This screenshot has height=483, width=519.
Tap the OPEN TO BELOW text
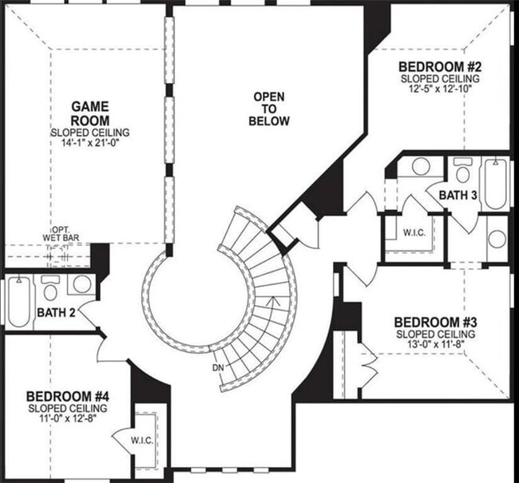[x=268, y=109]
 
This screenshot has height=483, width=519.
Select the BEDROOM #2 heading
[x=439, y=67]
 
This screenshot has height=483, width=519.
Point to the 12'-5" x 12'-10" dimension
[x=439, y=89]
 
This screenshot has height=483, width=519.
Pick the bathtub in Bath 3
[x=495, y=184]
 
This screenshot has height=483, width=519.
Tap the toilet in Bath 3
[x=462, y=172]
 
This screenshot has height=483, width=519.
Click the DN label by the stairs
[x=219, y=368]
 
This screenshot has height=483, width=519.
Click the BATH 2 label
[x=56, y=312]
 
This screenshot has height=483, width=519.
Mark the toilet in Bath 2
[x=50, y=286]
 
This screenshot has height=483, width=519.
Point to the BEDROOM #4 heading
[x=67, y=397]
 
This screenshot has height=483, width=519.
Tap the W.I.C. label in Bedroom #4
[x=144, y=440]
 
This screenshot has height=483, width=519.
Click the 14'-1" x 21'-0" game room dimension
[x=90, y=144]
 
